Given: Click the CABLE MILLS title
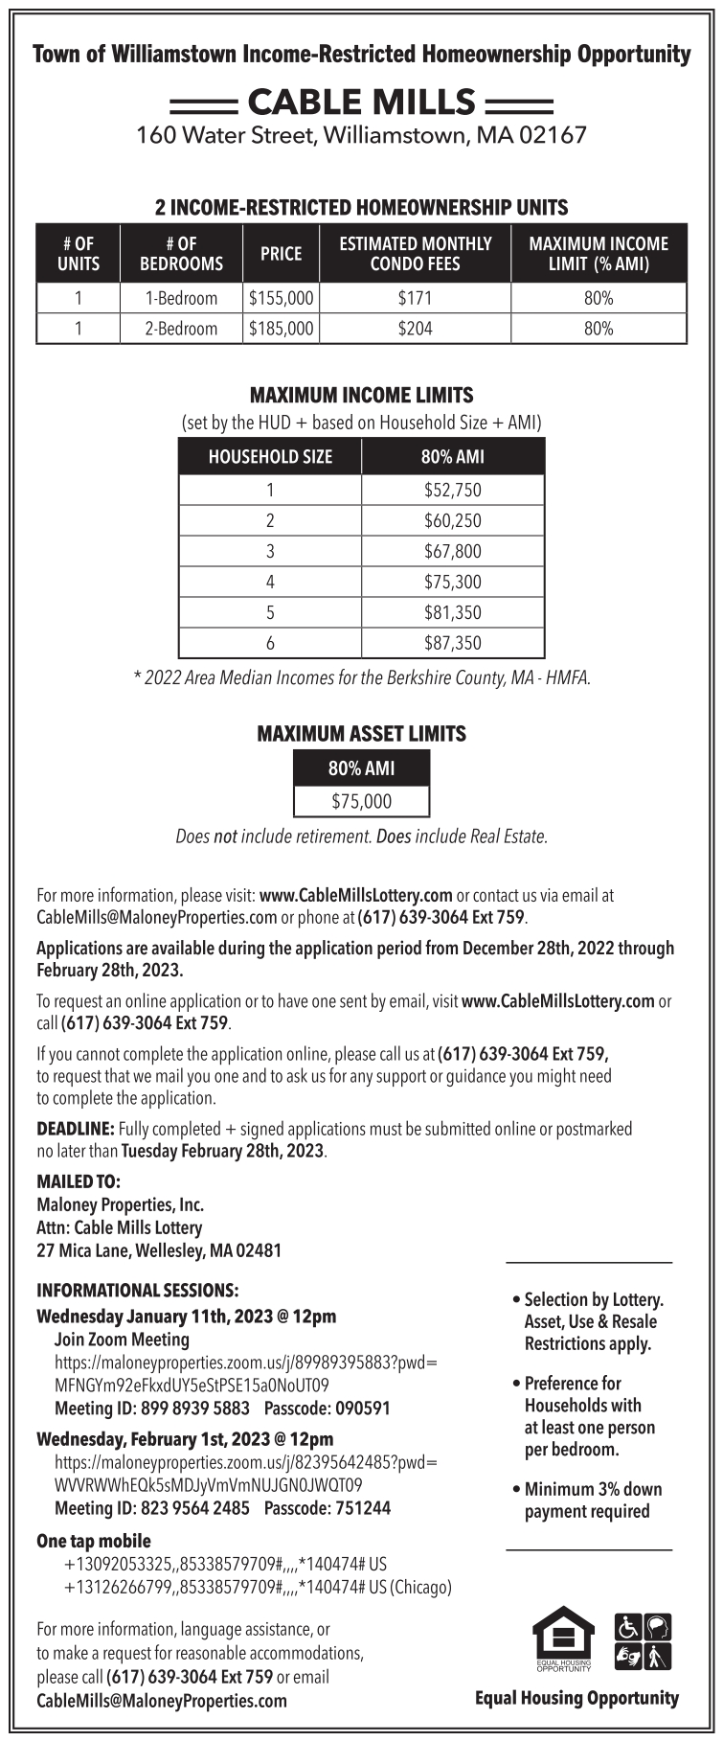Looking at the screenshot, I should pyautogui.click(x=361, y=102).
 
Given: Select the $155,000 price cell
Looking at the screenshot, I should pyautogui.click(x=281, y=298).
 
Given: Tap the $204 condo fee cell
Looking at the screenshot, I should pyautogui.click(x=415, y=329).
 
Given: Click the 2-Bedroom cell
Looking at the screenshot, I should pyautogui.click(x=181, y=329).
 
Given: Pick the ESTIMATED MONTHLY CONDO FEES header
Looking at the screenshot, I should pyautogui.click(x=415, y=254).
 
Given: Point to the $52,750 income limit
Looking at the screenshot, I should pyautogui.click(x=452, y=491).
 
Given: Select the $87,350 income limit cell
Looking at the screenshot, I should pyautogui.click(x=452, y=643).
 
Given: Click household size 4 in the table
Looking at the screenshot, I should pyautogui.click(x=270, y=582).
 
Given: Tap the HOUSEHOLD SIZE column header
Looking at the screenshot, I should pyautogui.click(x=270, y=457).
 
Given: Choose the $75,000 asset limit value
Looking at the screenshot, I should pyautogui.click(x=361, y=801).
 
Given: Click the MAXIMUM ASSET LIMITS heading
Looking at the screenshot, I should pyautogui.click(x=361, y=734).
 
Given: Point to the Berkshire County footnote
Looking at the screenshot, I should pyautogui.click(x=361, y=678).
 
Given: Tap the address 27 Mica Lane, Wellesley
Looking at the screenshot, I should pyautogui.click(x=159, y=1250).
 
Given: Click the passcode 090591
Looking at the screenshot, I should pyautogui.click(x=359, y=1409).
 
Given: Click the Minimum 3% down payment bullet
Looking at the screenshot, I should pyautogui.click(x=588, y=1500).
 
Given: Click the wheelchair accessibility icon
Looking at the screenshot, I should pyautogui.click(x=628, y=1626).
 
